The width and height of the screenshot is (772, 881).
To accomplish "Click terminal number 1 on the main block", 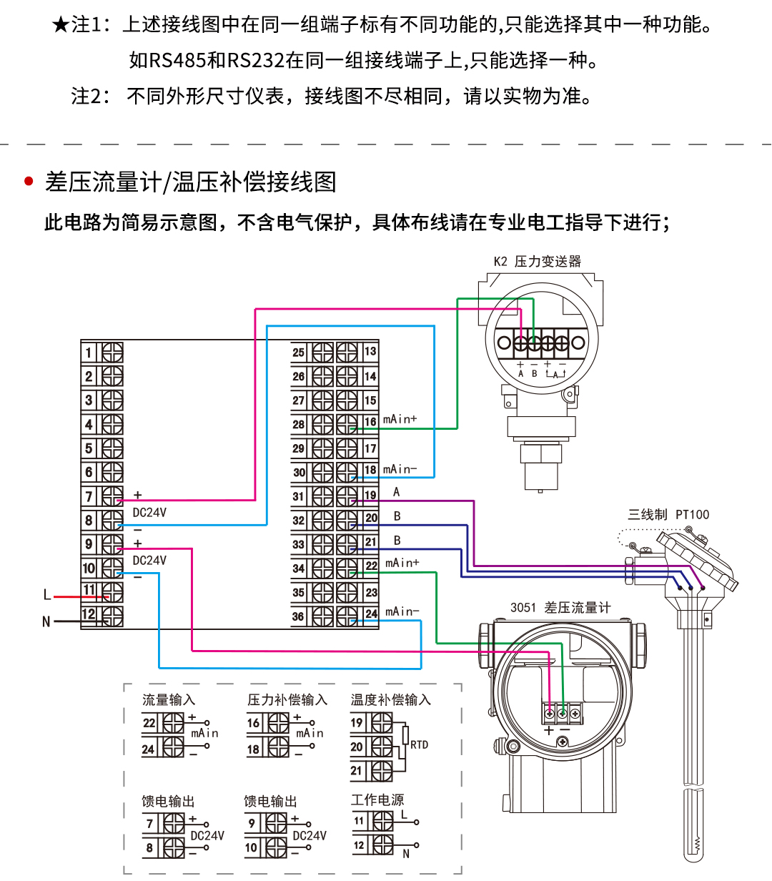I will tap(89, 353).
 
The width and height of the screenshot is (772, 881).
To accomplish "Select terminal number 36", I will tap(298, 616).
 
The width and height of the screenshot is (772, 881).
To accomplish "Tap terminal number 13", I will tap(370, 352).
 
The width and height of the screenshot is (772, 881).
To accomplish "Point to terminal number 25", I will tap(298, 352).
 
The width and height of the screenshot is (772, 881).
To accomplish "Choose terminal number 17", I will tap(370, 448).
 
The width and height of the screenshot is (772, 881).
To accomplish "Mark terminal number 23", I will tap(371, 593).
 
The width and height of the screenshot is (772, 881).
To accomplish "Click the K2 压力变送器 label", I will tap(538, 262).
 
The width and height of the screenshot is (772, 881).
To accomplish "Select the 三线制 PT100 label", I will tap(668, 514).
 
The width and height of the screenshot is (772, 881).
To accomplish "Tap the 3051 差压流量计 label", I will tap(560, 608).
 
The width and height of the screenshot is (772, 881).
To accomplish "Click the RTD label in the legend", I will tap(419, 745).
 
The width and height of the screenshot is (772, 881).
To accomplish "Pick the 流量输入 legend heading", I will tap(169, 700).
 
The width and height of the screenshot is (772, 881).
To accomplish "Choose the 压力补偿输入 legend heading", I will tap(287, 700).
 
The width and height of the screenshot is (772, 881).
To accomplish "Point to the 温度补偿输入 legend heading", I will tap(390, 700).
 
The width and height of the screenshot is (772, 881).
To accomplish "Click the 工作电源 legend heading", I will tap(377, 800).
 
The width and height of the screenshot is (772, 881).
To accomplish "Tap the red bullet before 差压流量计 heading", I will tap(29, 182).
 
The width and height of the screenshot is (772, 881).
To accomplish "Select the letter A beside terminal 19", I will tap(397, 492).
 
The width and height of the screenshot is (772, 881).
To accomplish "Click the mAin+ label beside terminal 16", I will tap(400, 419).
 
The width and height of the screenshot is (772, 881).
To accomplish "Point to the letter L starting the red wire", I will tap(47, 595).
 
